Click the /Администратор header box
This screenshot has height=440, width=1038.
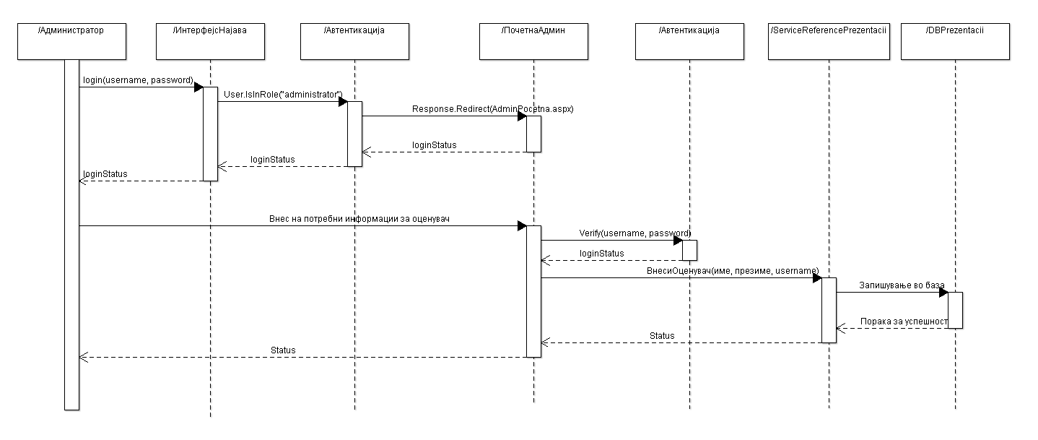click(71, 41)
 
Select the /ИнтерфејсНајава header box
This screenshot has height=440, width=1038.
click(210, 41)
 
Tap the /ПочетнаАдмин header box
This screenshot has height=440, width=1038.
click(533, 41)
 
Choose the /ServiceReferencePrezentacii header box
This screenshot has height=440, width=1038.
click(829, 41)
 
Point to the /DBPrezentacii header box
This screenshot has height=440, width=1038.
click(955, 41)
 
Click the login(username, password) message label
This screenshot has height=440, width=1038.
click(137, 80)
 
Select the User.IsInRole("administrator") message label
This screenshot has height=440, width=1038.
click(282, 95)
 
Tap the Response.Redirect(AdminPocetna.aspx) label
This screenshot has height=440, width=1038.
click(492, 109)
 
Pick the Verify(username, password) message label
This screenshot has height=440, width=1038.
click(634, 233)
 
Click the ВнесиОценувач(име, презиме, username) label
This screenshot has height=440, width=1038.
click(733, 271)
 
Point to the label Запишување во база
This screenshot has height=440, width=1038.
click(901, 286)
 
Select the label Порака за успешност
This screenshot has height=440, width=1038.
click(903, 321)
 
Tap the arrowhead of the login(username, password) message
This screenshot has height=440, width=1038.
click(199, 87)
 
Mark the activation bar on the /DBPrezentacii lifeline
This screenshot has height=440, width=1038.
click(955, 310)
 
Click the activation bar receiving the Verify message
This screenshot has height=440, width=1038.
click(689, 250)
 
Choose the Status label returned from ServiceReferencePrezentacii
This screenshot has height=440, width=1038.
click(662, 336)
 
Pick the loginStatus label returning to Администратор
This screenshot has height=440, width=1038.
click(105, 174)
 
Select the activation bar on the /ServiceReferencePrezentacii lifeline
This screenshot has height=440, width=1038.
click(829, 310)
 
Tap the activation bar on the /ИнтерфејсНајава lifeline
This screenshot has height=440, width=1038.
click(210, 134)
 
